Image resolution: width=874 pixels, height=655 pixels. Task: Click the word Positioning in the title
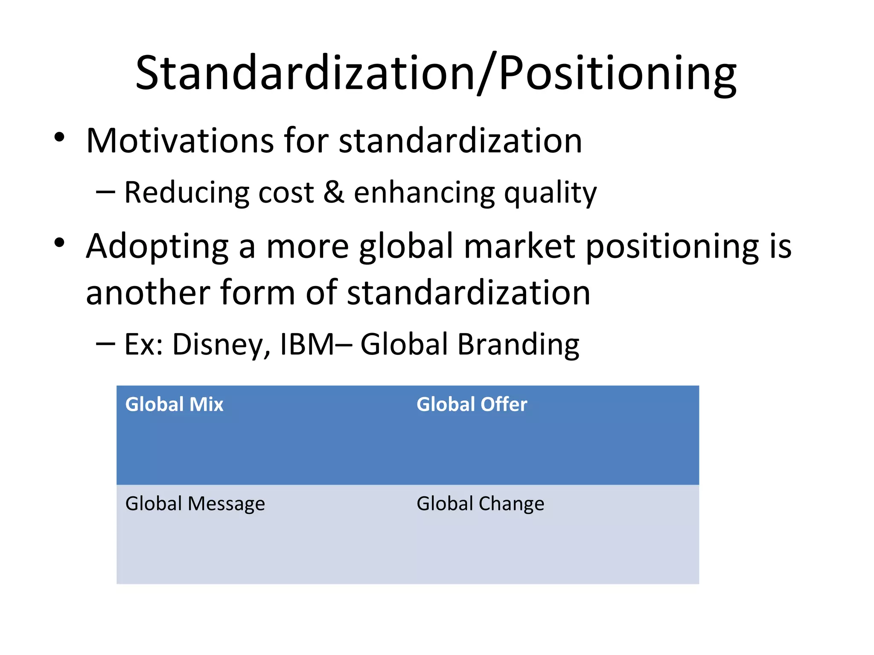pyautogui.click(x=617, y=73)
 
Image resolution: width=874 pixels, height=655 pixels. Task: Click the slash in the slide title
pyautogui.click(x=487, y=73)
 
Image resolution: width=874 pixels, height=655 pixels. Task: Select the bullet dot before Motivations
pyautogui.click(x=59, y=137)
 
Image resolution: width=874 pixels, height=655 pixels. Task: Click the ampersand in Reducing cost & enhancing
pyautogui.click(x=334, y=192)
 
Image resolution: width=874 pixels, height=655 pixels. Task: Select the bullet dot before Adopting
pyautogui.click(x=59, y=243)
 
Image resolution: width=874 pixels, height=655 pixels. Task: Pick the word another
pyautogui.click(x=147, y=293)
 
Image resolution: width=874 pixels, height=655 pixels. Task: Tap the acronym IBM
pyautogui.click(x=307, y=345)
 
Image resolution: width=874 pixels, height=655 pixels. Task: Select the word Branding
pyautogui.click(x=518, y=345)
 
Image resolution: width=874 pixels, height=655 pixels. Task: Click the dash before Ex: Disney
pyautogui.click(x=105, y=344)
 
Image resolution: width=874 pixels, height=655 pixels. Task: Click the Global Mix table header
pyautogui.click(x=174, y=404)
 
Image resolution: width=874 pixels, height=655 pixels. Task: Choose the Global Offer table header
pyautogui.click(x=472, y=404)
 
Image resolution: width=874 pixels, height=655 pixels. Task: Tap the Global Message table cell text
pyautogui.click(x=195, y=504)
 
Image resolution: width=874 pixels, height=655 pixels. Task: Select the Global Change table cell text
pyautogui.click(x=480, y=504)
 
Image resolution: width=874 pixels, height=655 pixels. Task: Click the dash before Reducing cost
pyautogui.click(x=105, y=192)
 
